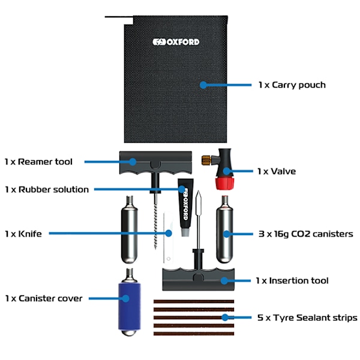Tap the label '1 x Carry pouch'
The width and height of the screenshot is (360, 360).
(x=292, y=85)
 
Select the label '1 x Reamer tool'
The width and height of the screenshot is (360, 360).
(x=38, y=161)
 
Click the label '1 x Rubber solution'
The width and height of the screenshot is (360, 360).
(x=46, y=189)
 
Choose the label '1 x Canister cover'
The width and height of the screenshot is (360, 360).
(x=43, y=298)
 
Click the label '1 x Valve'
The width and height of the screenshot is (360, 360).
(x=276, y=171)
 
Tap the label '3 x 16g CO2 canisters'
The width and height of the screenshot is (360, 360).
(x=305, y=233)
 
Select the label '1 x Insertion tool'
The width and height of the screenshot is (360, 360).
(x=292, y=280)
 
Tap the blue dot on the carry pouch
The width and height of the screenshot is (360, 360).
(x=203, y=85)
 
